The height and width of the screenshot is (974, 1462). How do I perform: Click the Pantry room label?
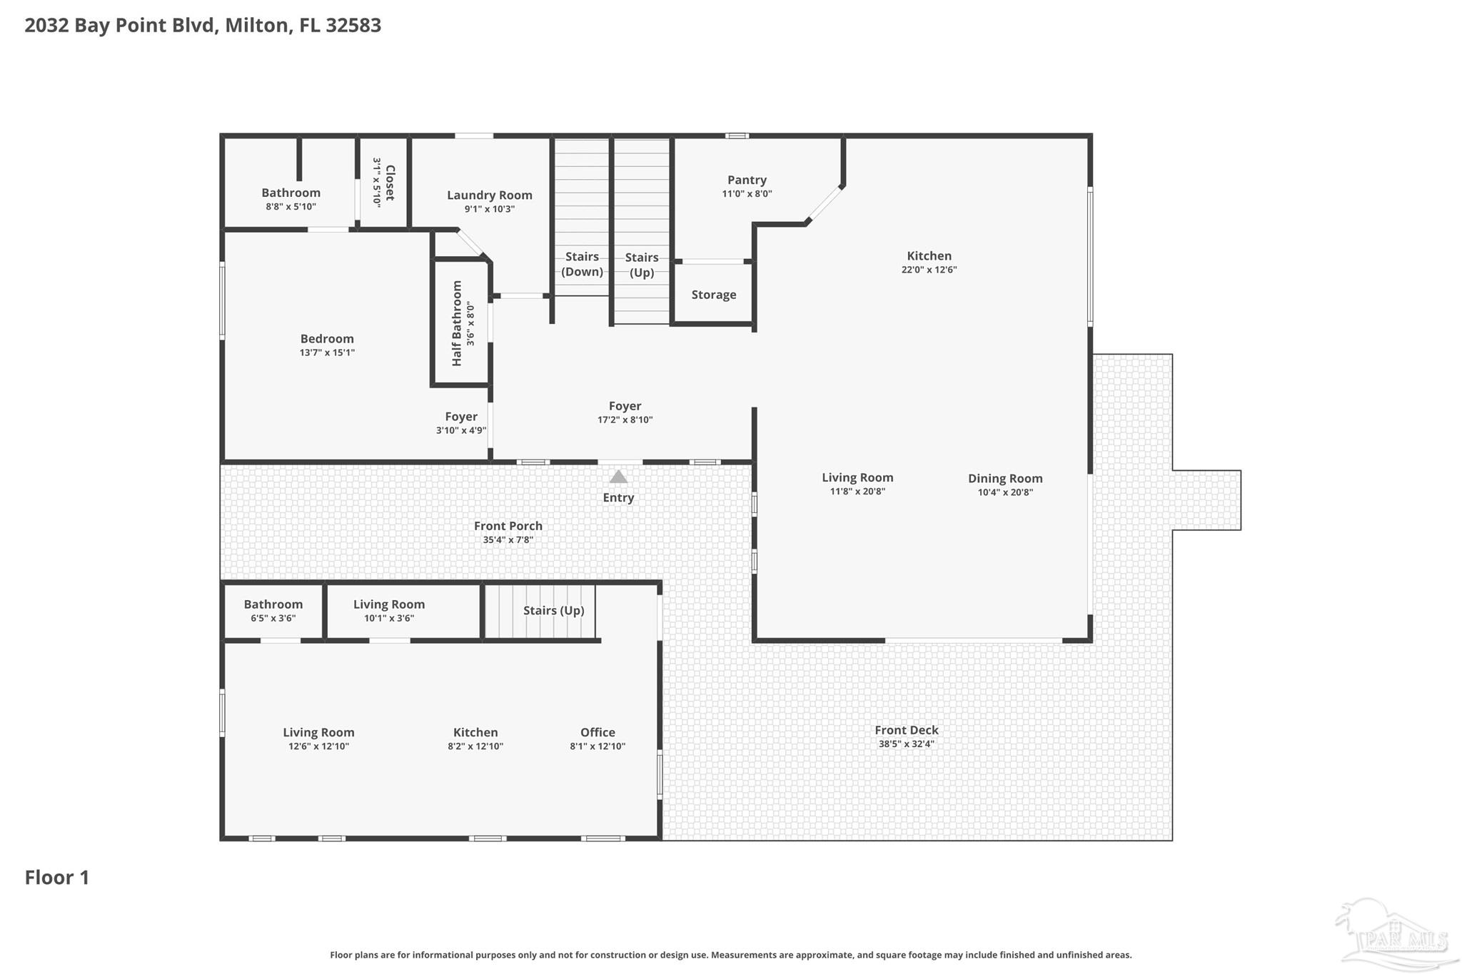(747, 180)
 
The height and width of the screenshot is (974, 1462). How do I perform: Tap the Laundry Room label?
(490, 195)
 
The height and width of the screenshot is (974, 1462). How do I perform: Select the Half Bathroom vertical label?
(457, 323)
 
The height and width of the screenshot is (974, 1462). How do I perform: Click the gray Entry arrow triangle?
(618, 476)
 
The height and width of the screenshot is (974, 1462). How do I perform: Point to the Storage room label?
(714, 295)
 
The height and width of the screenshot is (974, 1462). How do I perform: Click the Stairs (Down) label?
(582, 264)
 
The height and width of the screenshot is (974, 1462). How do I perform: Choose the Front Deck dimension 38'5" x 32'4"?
(907, 744)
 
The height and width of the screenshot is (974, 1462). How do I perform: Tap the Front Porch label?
(508, 526)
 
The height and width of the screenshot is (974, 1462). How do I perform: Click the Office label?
(598, 732)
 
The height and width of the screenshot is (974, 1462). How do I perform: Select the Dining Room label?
(1005, 478)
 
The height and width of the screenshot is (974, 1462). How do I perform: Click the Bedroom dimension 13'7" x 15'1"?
(327, 352)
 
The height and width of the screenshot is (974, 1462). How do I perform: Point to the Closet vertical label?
(390, 183)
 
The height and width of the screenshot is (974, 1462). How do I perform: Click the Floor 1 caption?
(57, 877)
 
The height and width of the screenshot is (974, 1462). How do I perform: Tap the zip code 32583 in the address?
(353, 25)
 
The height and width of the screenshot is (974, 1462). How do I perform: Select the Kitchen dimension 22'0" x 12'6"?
(929, 270)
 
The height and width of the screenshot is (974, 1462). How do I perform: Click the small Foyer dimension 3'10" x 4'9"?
(461, 430)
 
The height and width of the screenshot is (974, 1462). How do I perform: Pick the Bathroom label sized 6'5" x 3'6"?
(273, 604)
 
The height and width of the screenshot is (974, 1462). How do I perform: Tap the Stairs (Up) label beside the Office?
(554, 611)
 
